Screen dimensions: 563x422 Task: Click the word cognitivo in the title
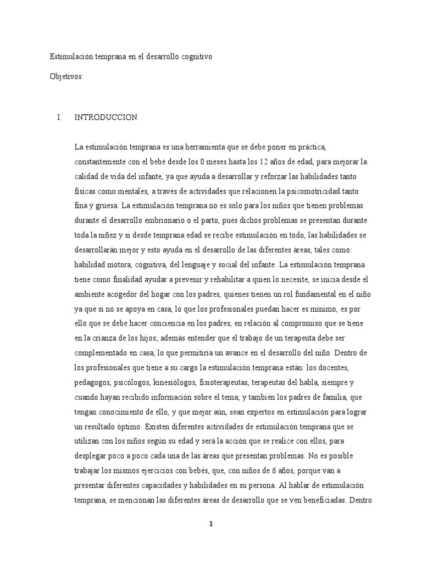(x=193, y=57)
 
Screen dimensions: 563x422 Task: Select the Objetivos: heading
(x=66, y=77)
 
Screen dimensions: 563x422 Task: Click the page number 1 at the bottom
(x=211, y=523)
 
